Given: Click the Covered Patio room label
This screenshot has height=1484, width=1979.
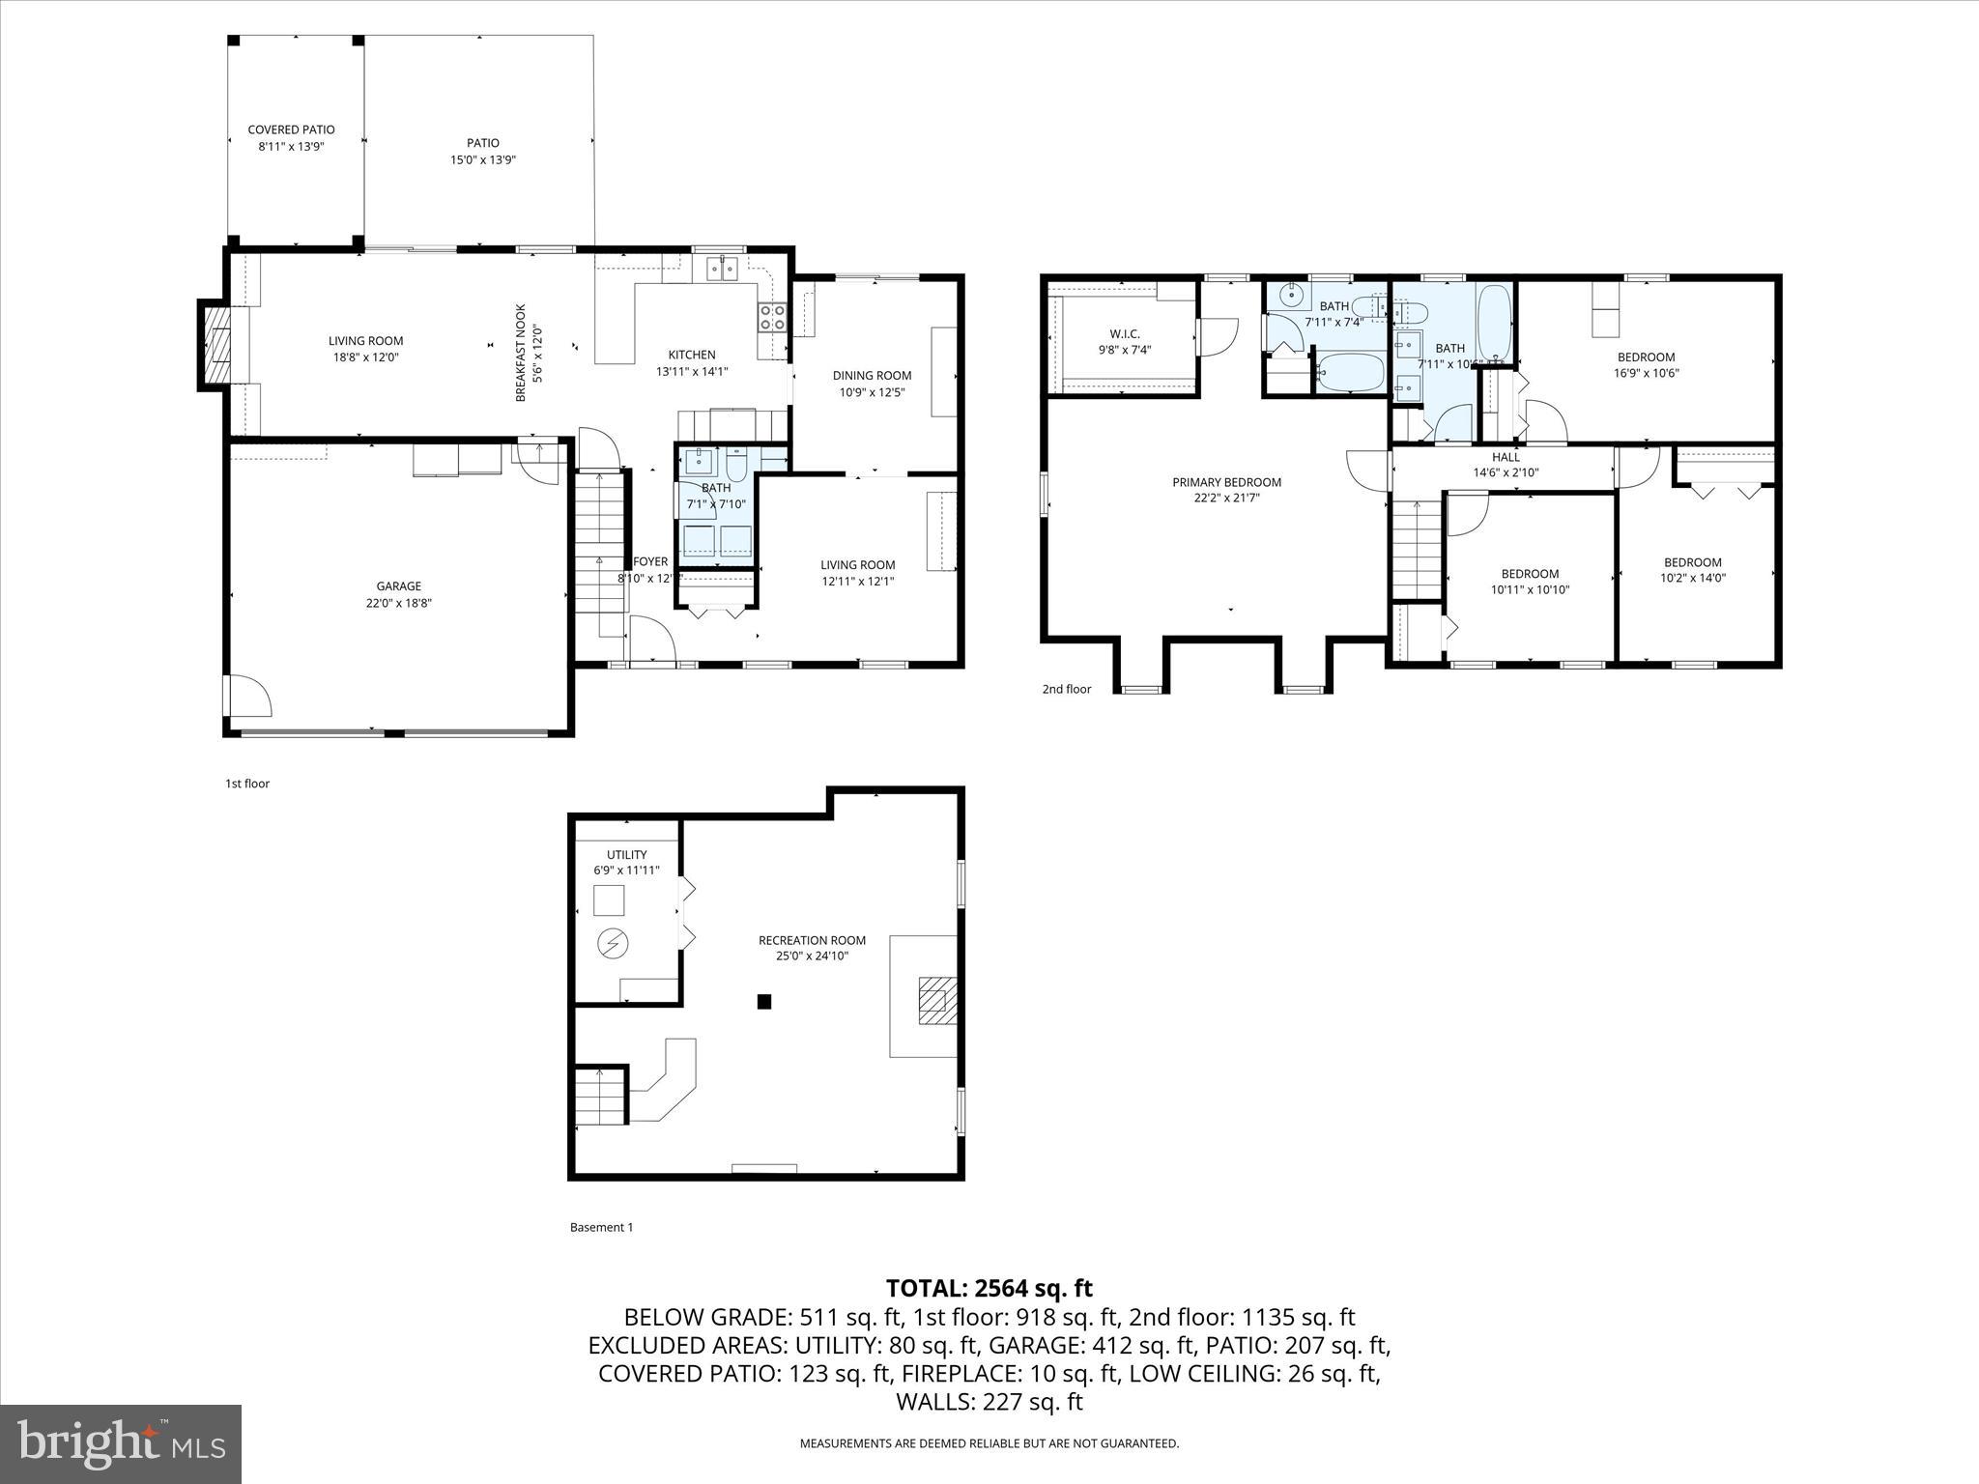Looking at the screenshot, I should pyautogui.click(x=291, y=129).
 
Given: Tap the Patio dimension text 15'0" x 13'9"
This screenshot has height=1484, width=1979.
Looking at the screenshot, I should pyautogui.click(x=483, y=160).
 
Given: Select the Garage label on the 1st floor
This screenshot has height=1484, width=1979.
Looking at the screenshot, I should pyautogui.click(x=398, y=586).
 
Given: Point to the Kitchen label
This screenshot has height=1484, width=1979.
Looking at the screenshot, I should pyautogui.click(x=692, y=355).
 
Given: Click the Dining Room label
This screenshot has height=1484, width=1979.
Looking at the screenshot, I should pyautogui.click(x=872, y=376).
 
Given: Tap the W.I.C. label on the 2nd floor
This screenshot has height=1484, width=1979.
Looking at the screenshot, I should pyautogui.click(x=1125, y=333).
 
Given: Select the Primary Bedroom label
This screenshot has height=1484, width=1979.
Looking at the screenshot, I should pyautogui.click(x=1226, y=482).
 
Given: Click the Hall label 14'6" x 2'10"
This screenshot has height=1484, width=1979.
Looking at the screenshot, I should pyautogui.click(x=1506, y=465).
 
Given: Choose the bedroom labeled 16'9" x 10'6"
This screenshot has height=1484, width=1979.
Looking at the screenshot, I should pyautogui.click(x=1646, y=364).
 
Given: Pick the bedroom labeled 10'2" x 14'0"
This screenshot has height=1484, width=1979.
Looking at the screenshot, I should pyautogui.click(x=1692, y=570).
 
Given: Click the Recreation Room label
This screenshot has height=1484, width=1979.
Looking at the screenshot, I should pyautogui.click(x=812, y=940).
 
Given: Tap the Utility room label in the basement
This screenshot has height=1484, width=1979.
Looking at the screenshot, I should pyautogui.click(x=626, y=855).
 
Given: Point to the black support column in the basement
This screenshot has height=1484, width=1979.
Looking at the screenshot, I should pyautogui.click(x=763, y=1002).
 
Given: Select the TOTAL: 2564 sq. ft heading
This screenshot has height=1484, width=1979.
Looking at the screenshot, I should pyautogui.click(x=989, y=1288).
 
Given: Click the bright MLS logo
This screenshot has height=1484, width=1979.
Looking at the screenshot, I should pyautogui.click(x=121, y=1443).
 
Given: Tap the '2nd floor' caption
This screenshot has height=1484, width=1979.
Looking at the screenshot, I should pyautogui.click(x=1066, y=689).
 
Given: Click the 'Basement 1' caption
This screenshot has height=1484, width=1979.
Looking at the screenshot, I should pyautogui.click(x=601, y=1227).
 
